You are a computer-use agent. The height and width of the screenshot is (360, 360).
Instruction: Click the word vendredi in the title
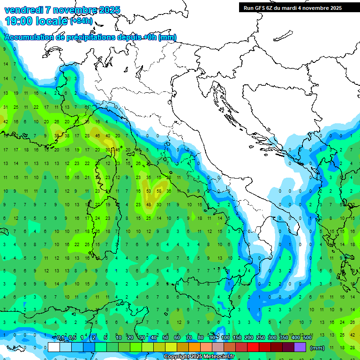(x=23, y=10)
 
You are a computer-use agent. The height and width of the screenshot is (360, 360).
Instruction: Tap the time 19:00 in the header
(x=18, y=21)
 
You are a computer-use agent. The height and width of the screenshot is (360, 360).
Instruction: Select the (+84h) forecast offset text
(x=82, y=21)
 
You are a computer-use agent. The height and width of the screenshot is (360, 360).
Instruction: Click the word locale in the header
(x=51, y=21)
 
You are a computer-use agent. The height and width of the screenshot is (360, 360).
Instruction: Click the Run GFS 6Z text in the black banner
(x=261, y=8)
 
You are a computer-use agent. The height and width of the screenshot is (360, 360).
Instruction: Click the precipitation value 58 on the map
(x=159, y=191)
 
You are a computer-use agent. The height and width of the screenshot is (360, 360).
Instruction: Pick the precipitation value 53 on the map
(x=149, y=191)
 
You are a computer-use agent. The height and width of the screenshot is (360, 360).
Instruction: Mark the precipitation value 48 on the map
(x=149, y=204)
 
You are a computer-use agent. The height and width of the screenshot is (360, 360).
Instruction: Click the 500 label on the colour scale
(x=307, y=337)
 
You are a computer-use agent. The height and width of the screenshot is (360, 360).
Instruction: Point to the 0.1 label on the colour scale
(x=60, y=337)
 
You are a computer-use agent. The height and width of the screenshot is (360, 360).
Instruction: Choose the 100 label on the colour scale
(x=225, y=337)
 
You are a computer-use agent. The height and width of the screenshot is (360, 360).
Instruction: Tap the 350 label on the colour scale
(x=284, y=337)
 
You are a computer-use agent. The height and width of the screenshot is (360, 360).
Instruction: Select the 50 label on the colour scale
(x=165, y=337)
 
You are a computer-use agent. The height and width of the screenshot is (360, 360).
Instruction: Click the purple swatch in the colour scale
(x=300, y=347)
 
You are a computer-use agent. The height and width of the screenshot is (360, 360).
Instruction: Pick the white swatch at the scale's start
(x=54, y=347)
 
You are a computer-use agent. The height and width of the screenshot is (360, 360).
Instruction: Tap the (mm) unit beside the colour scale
(x=317, y=348)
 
